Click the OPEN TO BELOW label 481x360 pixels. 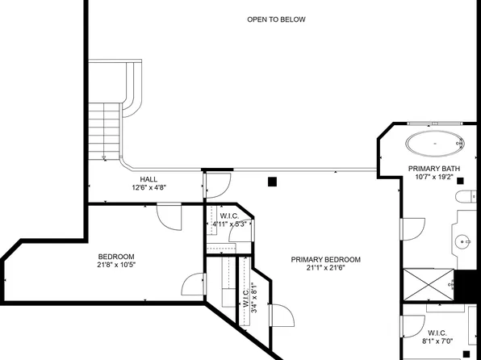pyautogui.click(x=276, y=19)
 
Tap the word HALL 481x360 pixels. pyautogui.click(x=148, y=179)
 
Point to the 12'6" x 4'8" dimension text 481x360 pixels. pyautogui.click(x=148, y=187)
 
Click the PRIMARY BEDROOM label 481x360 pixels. pyautogui.click(x=326, y=259)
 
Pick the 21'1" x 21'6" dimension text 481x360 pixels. pyautogui.click(x=326, y=268)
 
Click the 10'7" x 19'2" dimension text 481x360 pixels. pyautogui.click(x=437, y=178)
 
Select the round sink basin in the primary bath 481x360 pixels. pyautogui.click(x=462, y=241)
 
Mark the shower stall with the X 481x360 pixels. pyautogui.click(x=428, y=283)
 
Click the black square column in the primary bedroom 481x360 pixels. pyautogui.click(x=274, y=182)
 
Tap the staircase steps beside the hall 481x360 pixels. pyautogui.click(x=105, y=129)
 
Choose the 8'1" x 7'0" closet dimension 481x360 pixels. pyautogui.click(x=437, y=341)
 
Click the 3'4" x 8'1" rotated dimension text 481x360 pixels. pyautogui.click(x=253, y=297)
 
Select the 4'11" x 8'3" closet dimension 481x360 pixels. pyautogui.click(x=228, y=224)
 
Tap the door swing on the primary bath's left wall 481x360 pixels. pyautogui.click(x=412, y=229)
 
